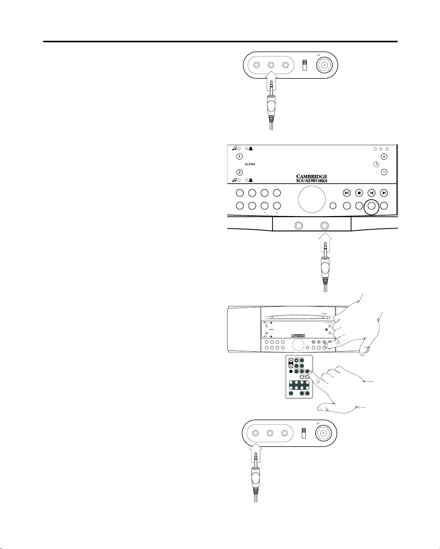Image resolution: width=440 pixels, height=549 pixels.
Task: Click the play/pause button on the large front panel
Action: coord(347,193)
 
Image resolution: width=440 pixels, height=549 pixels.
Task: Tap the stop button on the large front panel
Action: coord(359,193)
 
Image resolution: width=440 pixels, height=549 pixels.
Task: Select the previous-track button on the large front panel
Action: coord(372,193)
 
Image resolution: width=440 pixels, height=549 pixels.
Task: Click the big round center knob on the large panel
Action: coord(311,199)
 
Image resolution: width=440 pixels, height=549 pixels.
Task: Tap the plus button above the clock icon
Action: coord(384,157)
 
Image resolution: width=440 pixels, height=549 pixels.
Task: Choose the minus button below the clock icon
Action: coord(384,172)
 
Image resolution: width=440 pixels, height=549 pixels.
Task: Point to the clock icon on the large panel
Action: coord(376,164)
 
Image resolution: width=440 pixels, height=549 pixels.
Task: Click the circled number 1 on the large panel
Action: coord(239,157)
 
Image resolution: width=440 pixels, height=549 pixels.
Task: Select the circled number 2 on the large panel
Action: coord(239,172)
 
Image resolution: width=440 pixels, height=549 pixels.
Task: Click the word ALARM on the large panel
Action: coord(250,164)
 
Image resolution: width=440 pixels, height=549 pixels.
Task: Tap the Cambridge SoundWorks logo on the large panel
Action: coord(312,178)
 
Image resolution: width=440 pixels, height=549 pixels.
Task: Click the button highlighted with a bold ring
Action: coord(372,206)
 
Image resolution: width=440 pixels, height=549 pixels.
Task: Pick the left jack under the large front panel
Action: coord(298,226)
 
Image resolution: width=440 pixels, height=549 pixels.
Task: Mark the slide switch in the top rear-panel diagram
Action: coord(305,65)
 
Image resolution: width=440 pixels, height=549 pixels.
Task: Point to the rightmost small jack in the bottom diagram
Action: coord(284,433)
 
